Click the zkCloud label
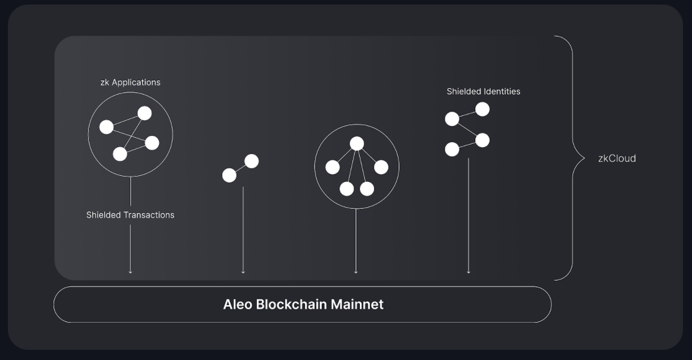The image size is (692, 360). [617, 158]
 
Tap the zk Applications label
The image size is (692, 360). [130, 82]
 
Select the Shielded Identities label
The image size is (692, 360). [483, 91]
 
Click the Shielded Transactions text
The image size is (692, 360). [130, 215]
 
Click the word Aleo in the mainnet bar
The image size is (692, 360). [238, 305]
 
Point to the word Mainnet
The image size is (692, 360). [357, 305]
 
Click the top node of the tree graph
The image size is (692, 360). [356, 144]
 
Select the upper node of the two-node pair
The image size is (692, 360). [252, 161]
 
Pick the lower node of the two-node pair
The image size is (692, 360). [229, 175]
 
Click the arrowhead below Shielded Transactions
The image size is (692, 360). [131, 272]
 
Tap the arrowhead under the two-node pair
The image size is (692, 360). [243, 272]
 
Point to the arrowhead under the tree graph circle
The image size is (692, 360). [356, 272]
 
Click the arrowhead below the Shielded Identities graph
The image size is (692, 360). [469, 272]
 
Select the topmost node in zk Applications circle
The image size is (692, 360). [145, 113]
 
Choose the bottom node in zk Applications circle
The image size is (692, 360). [120, 153]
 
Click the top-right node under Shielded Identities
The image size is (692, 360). [482, 109]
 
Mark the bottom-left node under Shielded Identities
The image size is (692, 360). [452, 149]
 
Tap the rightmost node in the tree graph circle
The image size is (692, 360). [381, 167]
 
